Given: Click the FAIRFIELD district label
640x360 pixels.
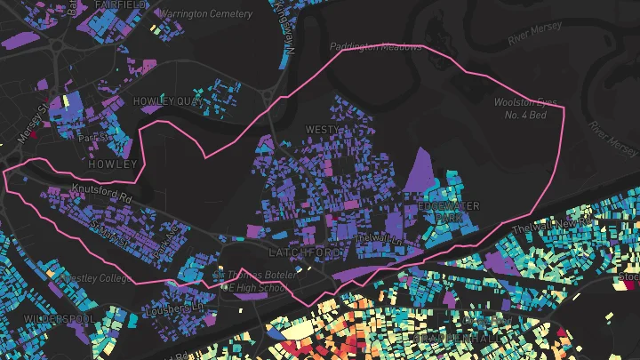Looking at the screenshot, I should pyautogui.click(x=120, y=4).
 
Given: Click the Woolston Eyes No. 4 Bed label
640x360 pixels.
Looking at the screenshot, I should pyautogui.click(x=525, y=108).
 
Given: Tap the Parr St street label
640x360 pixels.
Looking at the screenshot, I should pyautogui.click(x=92, y=138).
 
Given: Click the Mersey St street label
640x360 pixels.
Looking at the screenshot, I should pyautogui.click(x=33, y=125).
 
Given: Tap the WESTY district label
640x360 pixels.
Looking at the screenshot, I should pyautogui.click(x=323, y=130).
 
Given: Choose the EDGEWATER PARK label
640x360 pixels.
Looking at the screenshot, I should pyautogui.click(x=448, y=212).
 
